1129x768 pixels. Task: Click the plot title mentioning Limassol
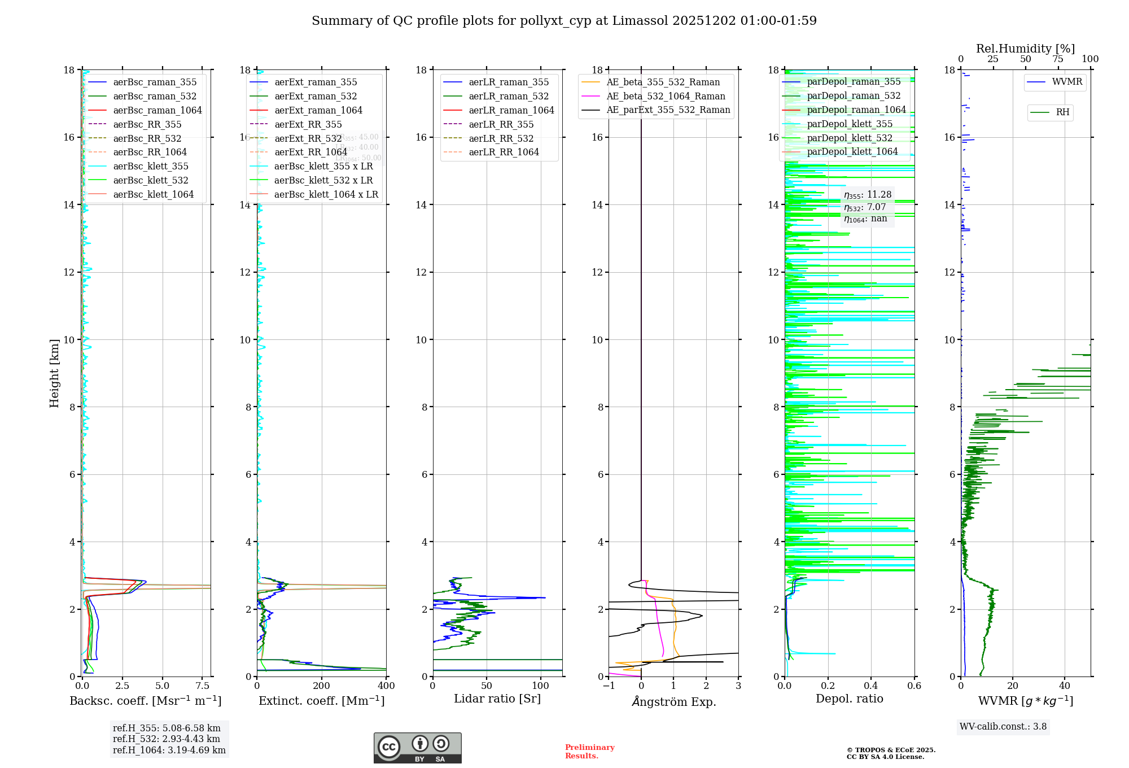click(x=564, y=21)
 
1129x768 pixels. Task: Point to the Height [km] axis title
click(x=54, y=373)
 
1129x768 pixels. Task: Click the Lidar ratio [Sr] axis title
click(x=497, y=699)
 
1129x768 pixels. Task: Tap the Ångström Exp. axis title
click(x=674, y=701)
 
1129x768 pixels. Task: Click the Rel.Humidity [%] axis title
click(x=1025, y=49)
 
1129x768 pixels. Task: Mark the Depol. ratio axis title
click(x=849, y=699)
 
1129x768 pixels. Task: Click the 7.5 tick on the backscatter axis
click(x=203, y=686)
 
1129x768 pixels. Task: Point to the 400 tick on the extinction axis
click(x=386, y=686)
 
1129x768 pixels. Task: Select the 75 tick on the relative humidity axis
click(x=1058, y=59)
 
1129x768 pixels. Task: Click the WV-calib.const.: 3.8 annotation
click(x=1003, y=727)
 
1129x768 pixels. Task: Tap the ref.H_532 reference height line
click(x=167, y=739)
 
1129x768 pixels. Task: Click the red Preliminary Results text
click(x=589, y=752)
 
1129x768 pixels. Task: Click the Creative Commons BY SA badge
click(x=417, y=748)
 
